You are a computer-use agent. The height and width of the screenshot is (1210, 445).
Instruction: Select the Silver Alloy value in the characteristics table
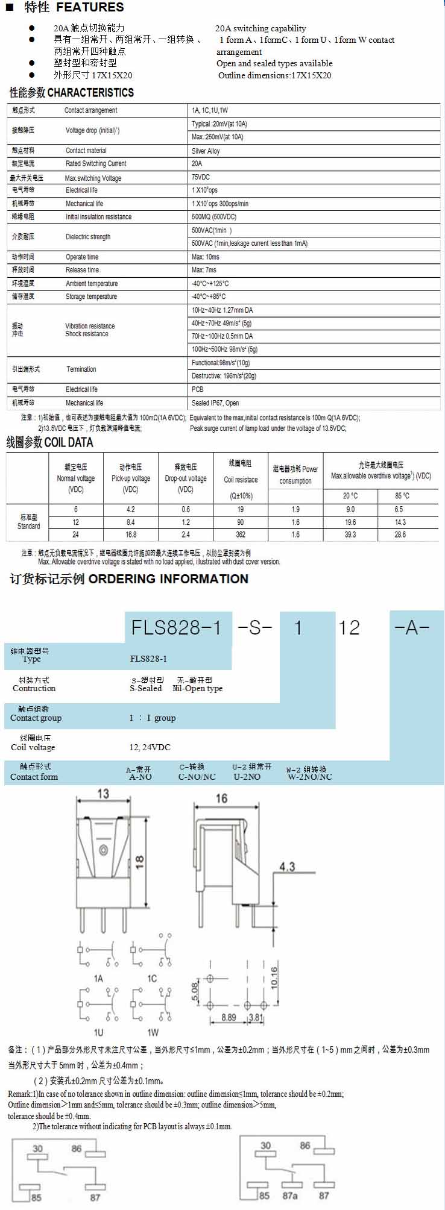(206, 151)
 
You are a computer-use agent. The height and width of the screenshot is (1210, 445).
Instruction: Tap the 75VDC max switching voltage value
(201, 177)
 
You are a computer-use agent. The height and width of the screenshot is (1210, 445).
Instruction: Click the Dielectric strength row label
(88, 237)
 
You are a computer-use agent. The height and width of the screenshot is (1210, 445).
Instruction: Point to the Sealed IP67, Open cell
(215, 403)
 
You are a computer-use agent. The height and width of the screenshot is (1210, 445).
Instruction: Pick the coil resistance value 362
(241, 534)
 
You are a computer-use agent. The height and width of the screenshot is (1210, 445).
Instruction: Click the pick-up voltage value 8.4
(131, 522)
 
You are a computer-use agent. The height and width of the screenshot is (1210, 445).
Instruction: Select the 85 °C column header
(402, 496)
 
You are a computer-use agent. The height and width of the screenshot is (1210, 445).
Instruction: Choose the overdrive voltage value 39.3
(350, 534)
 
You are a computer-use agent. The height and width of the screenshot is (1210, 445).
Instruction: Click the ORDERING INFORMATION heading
(168, 579)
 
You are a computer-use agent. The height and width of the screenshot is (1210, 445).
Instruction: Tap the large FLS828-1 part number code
(176, 628)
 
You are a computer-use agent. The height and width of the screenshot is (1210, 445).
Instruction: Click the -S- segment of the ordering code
(255, 628)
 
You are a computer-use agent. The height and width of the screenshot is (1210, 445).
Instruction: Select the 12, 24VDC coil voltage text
(150, 747)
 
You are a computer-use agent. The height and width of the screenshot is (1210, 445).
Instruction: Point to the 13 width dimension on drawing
(103, 794)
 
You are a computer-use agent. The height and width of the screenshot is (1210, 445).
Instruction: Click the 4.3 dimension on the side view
(287, 867)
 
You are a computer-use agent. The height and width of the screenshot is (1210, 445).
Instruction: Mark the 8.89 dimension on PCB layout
(229, 1017)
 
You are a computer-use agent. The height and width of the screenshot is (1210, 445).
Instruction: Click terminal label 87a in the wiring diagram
(290, 1195)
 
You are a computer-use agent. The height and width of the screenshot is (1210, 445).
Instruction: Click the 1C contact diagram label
(152, 979)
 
